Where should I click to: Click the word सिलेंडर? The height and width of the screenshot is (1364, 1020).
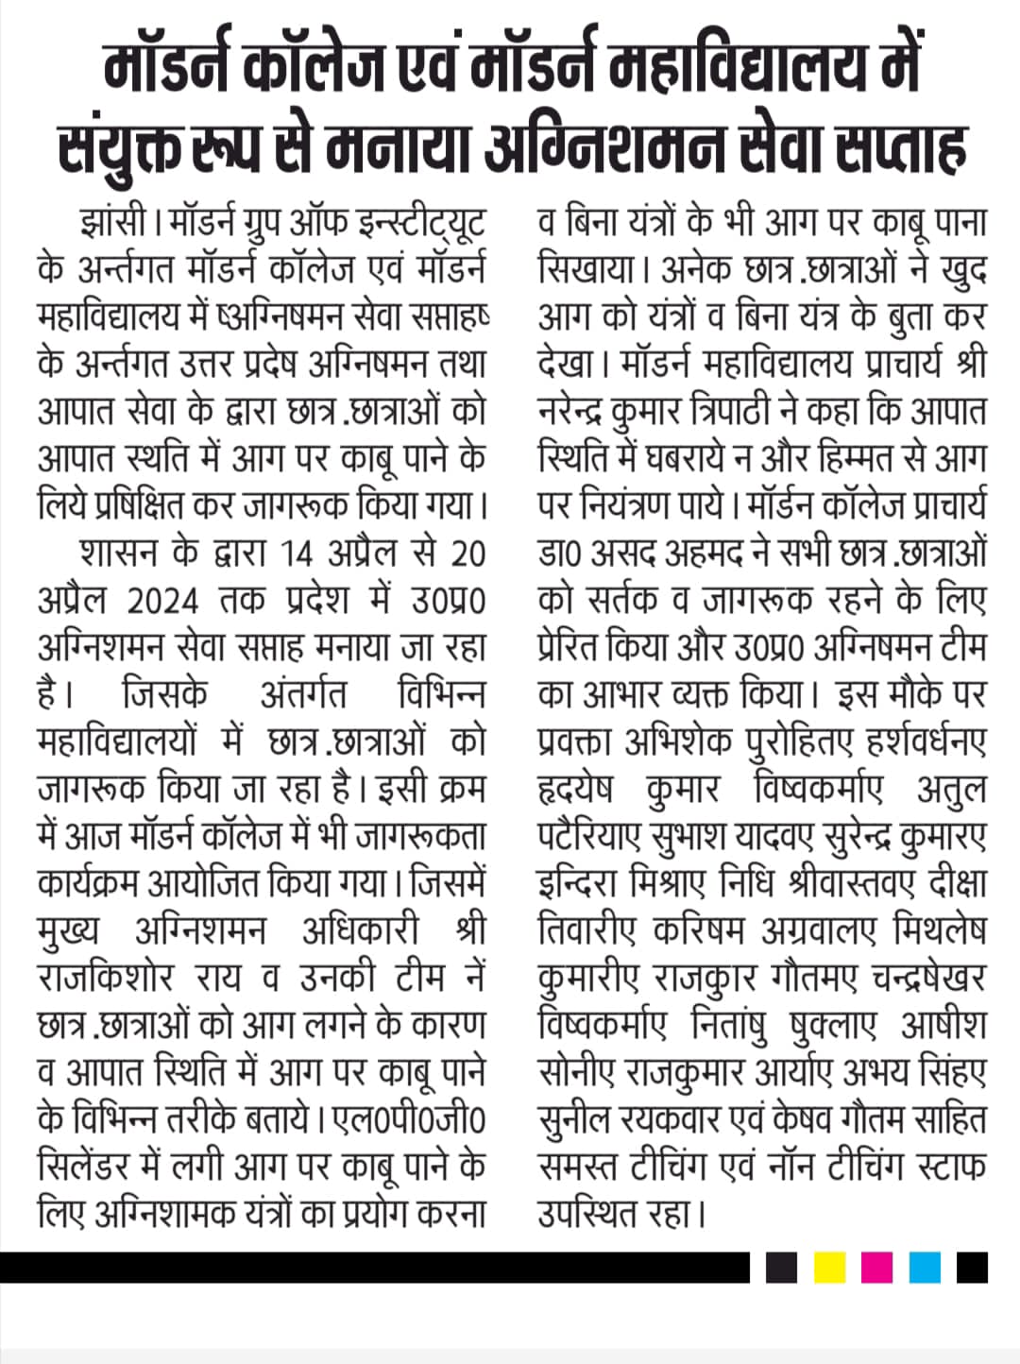pos(92,1168)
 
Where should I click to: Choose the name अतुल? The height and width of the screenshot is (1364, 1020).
pos(950,790)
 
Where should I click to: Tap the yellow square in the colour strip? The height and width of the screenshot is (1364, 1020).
pos(829,1268)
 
